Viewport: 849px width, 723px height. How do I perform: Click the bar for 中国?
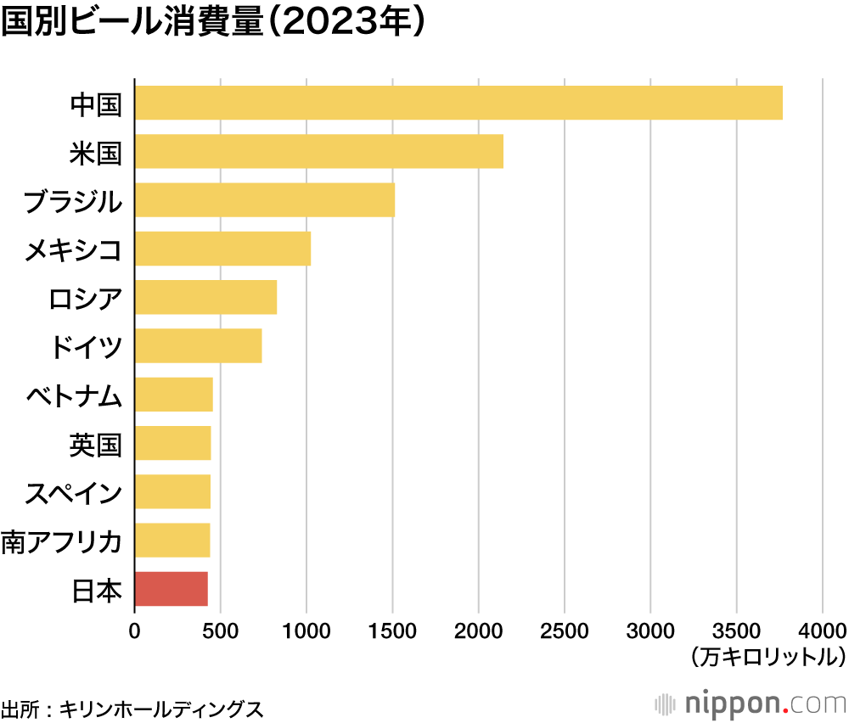[458, 103]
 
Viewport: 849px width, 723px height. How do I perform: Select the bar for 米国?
[318, 151]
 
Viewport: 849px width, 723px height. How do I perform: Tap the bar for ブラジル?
[264, 200]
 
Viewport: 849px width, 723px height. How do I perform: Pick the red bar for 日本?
[171, 589]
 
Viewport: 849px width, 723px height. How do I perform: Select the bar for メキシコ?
[222, 249]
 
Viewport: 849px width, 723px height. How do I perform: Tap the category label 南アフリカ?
[62, 541]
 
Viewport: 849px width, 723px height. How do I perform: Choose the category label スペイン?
[74, 493]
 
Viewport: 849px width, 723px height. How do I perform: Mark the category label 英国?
[96, 444]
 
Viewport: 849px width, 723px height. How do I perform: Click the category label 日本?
[96, 590]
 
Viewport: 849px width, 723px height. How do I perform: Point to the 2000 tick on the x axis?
[478, 631]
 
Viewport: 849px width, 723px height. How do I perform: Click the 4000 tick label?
[822, 631]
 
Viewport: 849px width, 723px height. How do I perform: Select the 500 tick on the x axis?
[220, 631]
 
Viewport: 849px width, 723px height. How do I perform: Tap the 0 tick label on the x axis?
[134, 631]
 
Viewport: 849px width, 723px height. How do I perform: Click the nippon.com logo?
[751, 703]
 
